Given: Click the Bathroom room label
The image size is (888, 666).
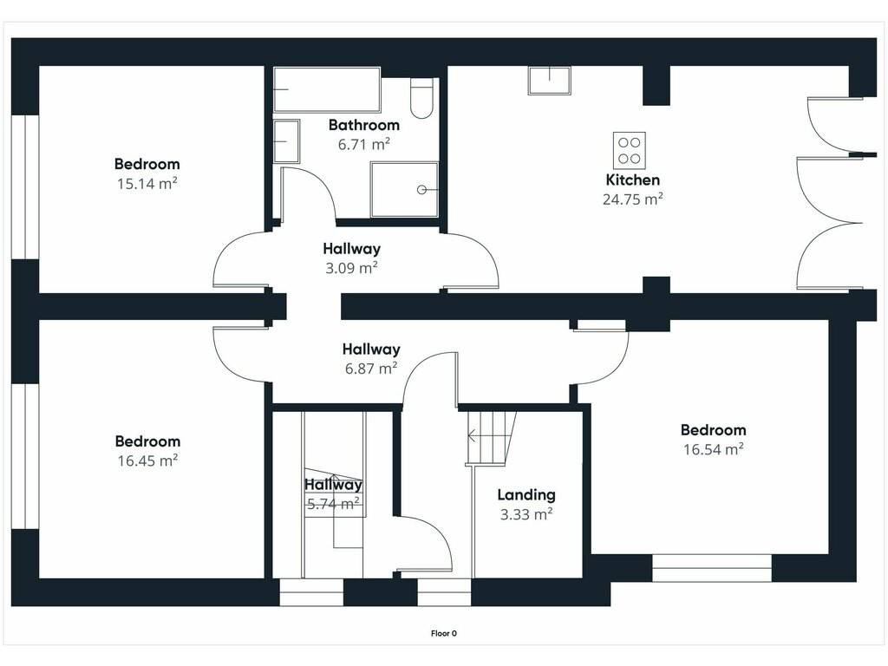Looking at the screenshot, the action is [x=364, y=125].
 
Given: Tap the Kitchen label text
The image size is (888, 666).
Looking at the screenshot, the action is [x=632, y=180].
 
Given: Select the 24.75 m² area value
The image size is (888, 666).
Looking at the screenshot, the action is [x=632, y=199].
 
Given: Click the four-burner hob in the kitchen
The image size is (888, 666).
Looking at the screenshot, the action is [x=630, y=151].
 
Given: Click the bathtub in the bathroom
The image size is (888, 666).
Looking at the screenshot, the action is [x=326, y=89].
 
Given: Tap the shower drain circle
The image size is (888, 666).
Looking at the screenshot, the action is [x=421, y=190].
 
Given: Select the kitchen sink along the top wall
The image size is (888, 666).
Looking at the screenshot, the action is [x=549, y=81].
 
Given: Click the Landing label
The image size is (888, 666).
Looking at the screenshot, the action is [x=526, y=494].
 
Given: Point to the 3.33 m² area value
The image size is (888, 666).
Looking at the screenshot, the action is [x=526, y=514].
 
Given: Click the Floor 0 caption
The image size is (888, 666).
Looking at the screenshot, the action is [x=443, y=633].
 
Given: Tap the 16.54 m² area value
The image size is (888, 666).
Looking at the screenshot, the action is [x=713, y=449].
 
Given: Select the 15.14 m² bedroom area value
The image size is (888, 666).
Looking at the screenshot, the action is [x=147, y=184].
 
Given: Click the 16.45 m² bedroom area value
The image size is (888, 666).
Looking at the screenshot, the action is [x=147, y=460].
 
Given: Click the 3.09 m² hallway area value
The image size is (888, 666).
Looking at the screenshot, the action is [x=351, y=268].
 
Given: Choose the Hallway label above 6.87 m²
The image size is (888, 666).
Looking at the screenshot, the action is [x=371, y=349].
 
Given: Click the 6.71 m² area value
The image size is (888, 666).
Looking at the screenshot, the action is [x=364, y=144].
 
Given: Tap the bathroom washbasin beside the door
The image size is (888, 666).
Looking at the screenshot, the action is [x=286, y=141].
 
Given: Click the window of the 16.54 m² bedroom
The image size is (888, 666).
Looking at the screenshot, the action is [x=712, y=568].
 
